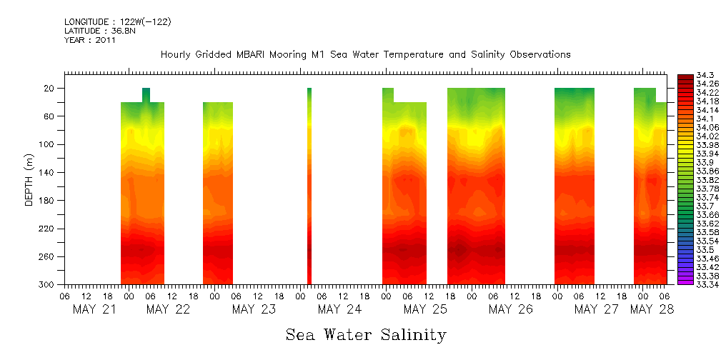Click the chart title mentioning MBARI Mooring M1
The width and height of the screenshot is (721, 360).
365,55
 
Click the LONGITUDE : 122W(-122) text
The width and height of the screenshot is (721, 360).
117,21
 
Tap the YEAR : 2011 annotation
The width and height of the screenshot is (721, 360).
90,40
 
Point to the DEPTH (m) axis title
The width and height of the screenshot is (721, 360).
29,179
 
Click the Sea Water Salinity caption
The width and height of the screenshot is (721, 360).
366,334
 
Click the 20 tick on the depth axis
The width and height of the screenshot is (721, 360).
50,89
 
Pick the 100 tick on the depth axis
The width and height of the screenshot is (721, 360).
48,144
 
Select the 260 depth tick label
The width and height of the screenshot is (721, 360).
48,256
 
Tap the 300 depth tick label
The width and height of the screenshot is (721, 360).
48,284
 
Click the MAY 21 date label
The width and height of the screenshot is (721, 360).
94,309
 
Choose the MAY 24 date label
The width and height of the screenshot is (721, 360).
339,309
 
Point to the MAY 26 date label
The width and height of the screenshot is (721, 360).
511,309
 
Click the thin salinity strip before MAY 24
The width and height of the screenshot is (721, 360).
309,186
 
